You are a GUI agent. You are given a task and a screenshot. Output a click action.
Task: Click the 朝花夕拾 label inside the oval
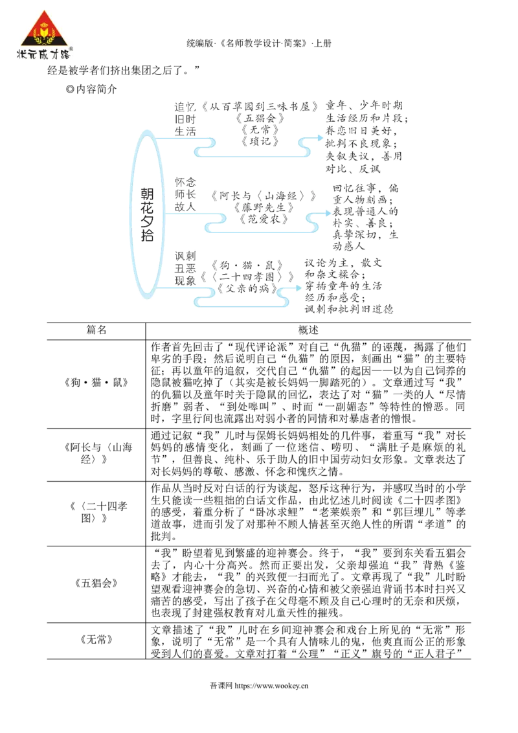point(147,214)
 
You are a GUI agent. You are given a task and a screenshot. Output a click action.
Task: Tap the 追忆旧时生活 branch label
point(185,119)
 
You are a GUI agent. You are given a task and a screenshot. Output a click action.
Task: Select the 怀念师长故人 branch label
point(185,194)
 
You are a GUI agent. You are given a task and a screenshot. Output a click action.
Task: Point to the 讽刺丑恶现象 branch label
point(185,268)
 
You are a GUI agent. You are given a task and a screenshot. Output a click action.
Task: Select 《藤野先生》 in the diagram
point(264,207)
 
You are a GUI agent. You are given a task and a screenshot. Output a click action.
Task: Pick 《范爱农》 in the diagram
point(264,219)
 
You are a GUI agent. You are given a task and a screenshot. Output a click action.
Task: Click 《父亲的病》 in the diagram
point(247,288)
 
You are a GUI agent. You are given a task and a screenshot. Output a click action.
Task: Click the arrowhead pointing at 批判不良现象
point(321,138)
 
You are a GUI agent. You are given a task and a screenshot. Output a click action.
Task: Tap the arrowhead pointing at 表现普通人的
point(328,213)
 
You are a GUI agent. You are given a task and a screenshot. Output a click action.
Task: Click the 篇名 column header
point(96,330)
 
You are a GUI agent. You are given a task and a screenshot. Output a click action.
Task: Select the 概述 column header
point(308,330)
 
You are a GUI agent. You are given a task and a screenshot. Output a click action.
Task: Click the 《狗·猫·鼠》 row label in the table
point(96,383)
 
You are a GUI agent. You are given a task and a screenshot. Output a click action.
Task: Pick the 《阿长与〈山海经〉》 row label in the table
point(96,453)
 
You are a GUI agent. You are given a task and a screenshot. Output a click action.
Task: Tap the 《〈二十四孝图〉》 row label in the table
point(96,512)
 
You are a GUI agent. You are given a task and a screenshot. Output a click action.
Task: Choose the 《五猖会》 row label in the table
point(96,583)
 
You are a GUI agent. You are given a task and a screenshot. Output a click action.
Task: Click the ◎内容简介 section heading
point(91,89)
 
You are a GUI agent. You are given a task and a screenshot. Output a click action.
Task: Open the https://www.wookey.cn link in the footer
point(271,686)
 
